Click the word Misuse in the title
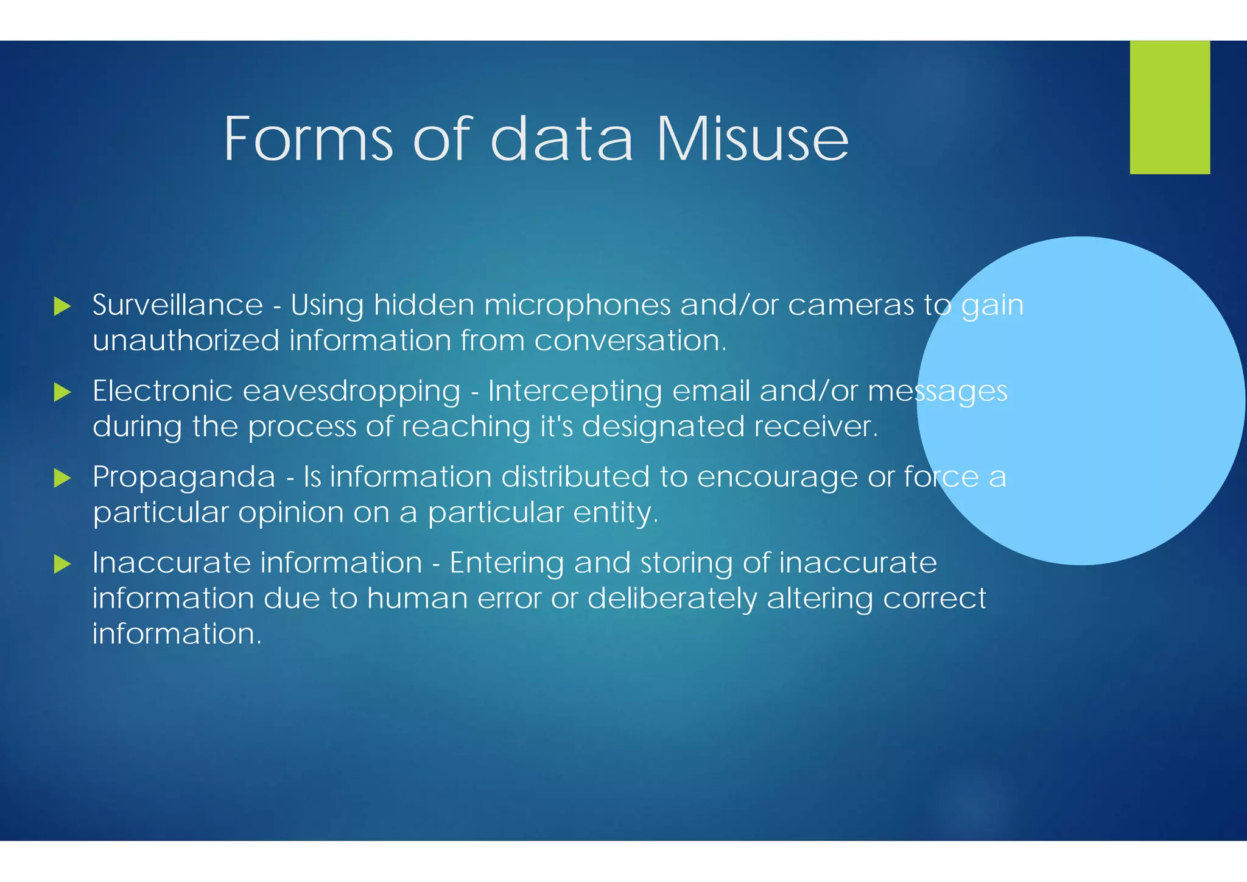click(751, 139)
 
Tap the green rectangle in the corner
click(1170, 107)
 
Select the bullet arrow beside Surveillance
click(62, 306)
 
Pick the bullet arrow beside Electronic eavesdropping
click(62, 392)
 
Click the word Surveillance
click(178, 305)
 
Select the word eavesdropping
click(351, 392)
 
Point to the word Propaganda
click(184, 478)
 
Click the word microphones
click(577, 305)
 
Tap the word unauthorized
click(186, 340)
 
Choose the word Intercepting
click(575, 392)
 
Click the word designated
click(663, 427)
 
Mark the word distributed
click(575, 476)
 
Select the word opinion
click(291, 513)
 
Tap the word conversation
click(630, 340)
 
